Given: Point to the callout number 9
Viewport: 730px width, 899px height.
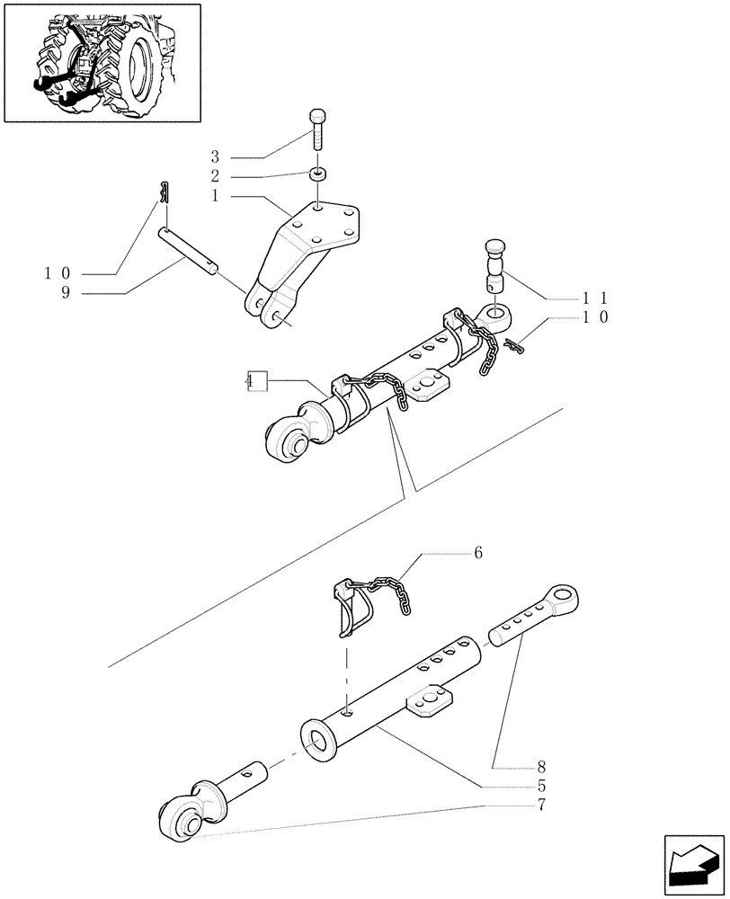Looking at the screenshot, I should tap(66, 292).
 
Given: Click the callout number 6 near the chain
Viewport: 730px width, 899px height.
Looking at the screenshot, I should tap(478, 554).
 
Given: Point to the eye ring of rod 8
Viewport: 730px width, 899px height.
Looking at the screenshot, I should tap(564, 598).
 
